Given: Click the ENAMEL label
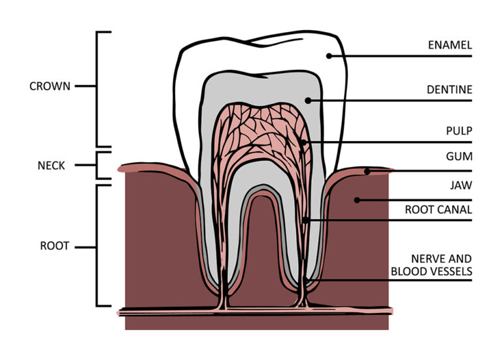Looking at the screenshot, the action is tap(450, 45).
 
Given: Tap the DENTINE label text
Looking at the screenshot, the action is tap(450, 90).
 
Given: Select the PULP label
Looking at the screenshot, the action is tap(459, 131).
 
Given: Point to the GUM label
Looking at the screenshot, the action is tap(459, 157).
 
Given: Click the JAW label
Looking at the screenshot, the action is tap(461, 186).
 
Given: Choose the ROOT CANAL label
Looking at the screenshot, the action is tap(439, 210).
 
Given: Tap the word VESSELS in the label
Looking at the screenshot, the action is tap(452, 271).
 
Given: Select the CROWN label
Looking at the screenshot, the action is tap(50, 86).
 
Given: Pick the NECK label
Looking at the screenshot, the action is tap(51, 165).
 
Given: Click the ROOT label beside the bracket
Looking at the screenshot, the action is tap(54, 246).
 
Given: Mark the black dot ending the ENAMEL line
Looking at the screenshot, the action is tap(329, 56).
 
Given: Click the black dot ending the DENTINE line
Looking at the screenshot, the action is tap(308, 101).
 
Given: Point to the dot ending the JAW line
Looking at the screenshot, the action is tap(358, 201).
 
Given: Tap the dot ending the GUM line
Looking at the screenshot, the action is tap(367, 172).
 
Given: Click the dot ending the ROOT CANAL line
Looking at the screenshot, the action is tap(306, 220).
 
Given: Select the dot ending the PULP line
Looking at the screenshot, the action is tap(303, 142).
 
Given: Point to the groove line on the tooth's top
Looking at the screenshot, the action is tap(275, 42).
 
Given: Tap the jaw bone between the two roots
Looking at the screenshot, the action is tap(261, 250).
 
